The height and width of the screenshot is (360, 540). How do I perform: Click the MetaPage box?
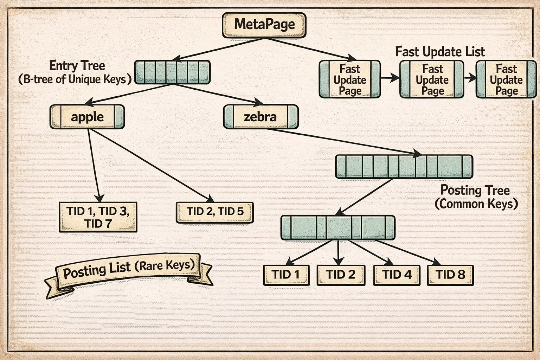pos(264,25)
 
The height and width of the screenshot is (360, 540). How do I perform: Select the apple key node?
pos(87,117)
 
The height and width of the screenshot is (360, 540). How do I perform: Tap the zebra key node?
pos(261,117)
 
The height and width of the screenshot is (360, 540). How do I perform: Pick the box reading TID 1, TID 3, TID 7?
pos(98,217)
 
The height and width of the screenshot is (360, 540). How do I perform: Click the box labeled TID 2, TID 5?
pos(214,212)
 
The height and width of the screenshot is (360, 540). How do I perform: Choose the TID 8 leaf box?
pos(450,275)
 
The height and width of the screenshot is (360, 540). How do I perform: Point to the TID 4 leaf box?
pos(397,275)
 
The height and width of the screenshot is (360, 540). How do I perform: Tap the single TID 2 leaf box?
pos(341,275)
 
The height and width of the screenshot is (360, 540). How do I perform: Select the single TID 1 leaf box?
pos(286,275)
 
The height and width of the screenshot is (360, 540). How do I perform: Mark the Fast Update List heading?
pos(440,52)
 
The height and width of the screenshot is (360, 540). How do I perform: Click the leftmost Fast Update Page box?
pos(349,79)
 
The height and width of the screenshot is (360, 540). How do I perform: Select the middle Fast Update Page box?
pos(432,79)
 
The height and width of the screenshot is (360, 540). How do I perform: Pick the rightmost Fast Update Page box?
pos(506,79)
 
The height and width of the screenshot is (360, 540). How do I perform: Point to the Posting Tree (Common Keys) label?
pos(476,197)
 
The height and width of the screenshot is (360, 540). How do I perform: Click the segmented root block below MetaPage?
pos(172,72)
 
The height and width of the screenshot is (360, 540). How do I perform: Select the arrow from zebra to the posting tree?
pos(345,142)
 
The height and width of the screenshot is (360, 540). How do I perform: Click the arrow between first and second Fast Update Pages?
pos(390,78)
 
